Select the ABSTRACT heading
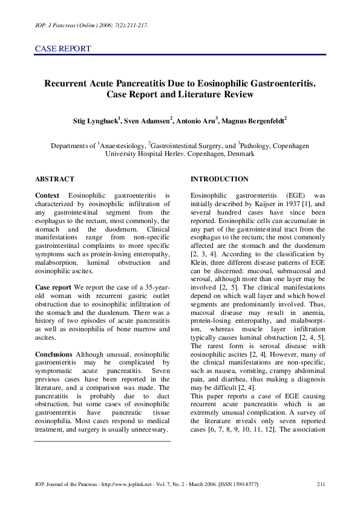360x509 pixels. (x=54, y=179)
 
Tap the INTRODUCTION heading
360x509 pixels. (x=219, y=179)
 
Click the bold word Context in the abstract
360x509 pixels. (x=47, y=196)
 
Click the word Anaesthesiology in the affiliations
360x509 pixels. (x=122, y=146)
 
